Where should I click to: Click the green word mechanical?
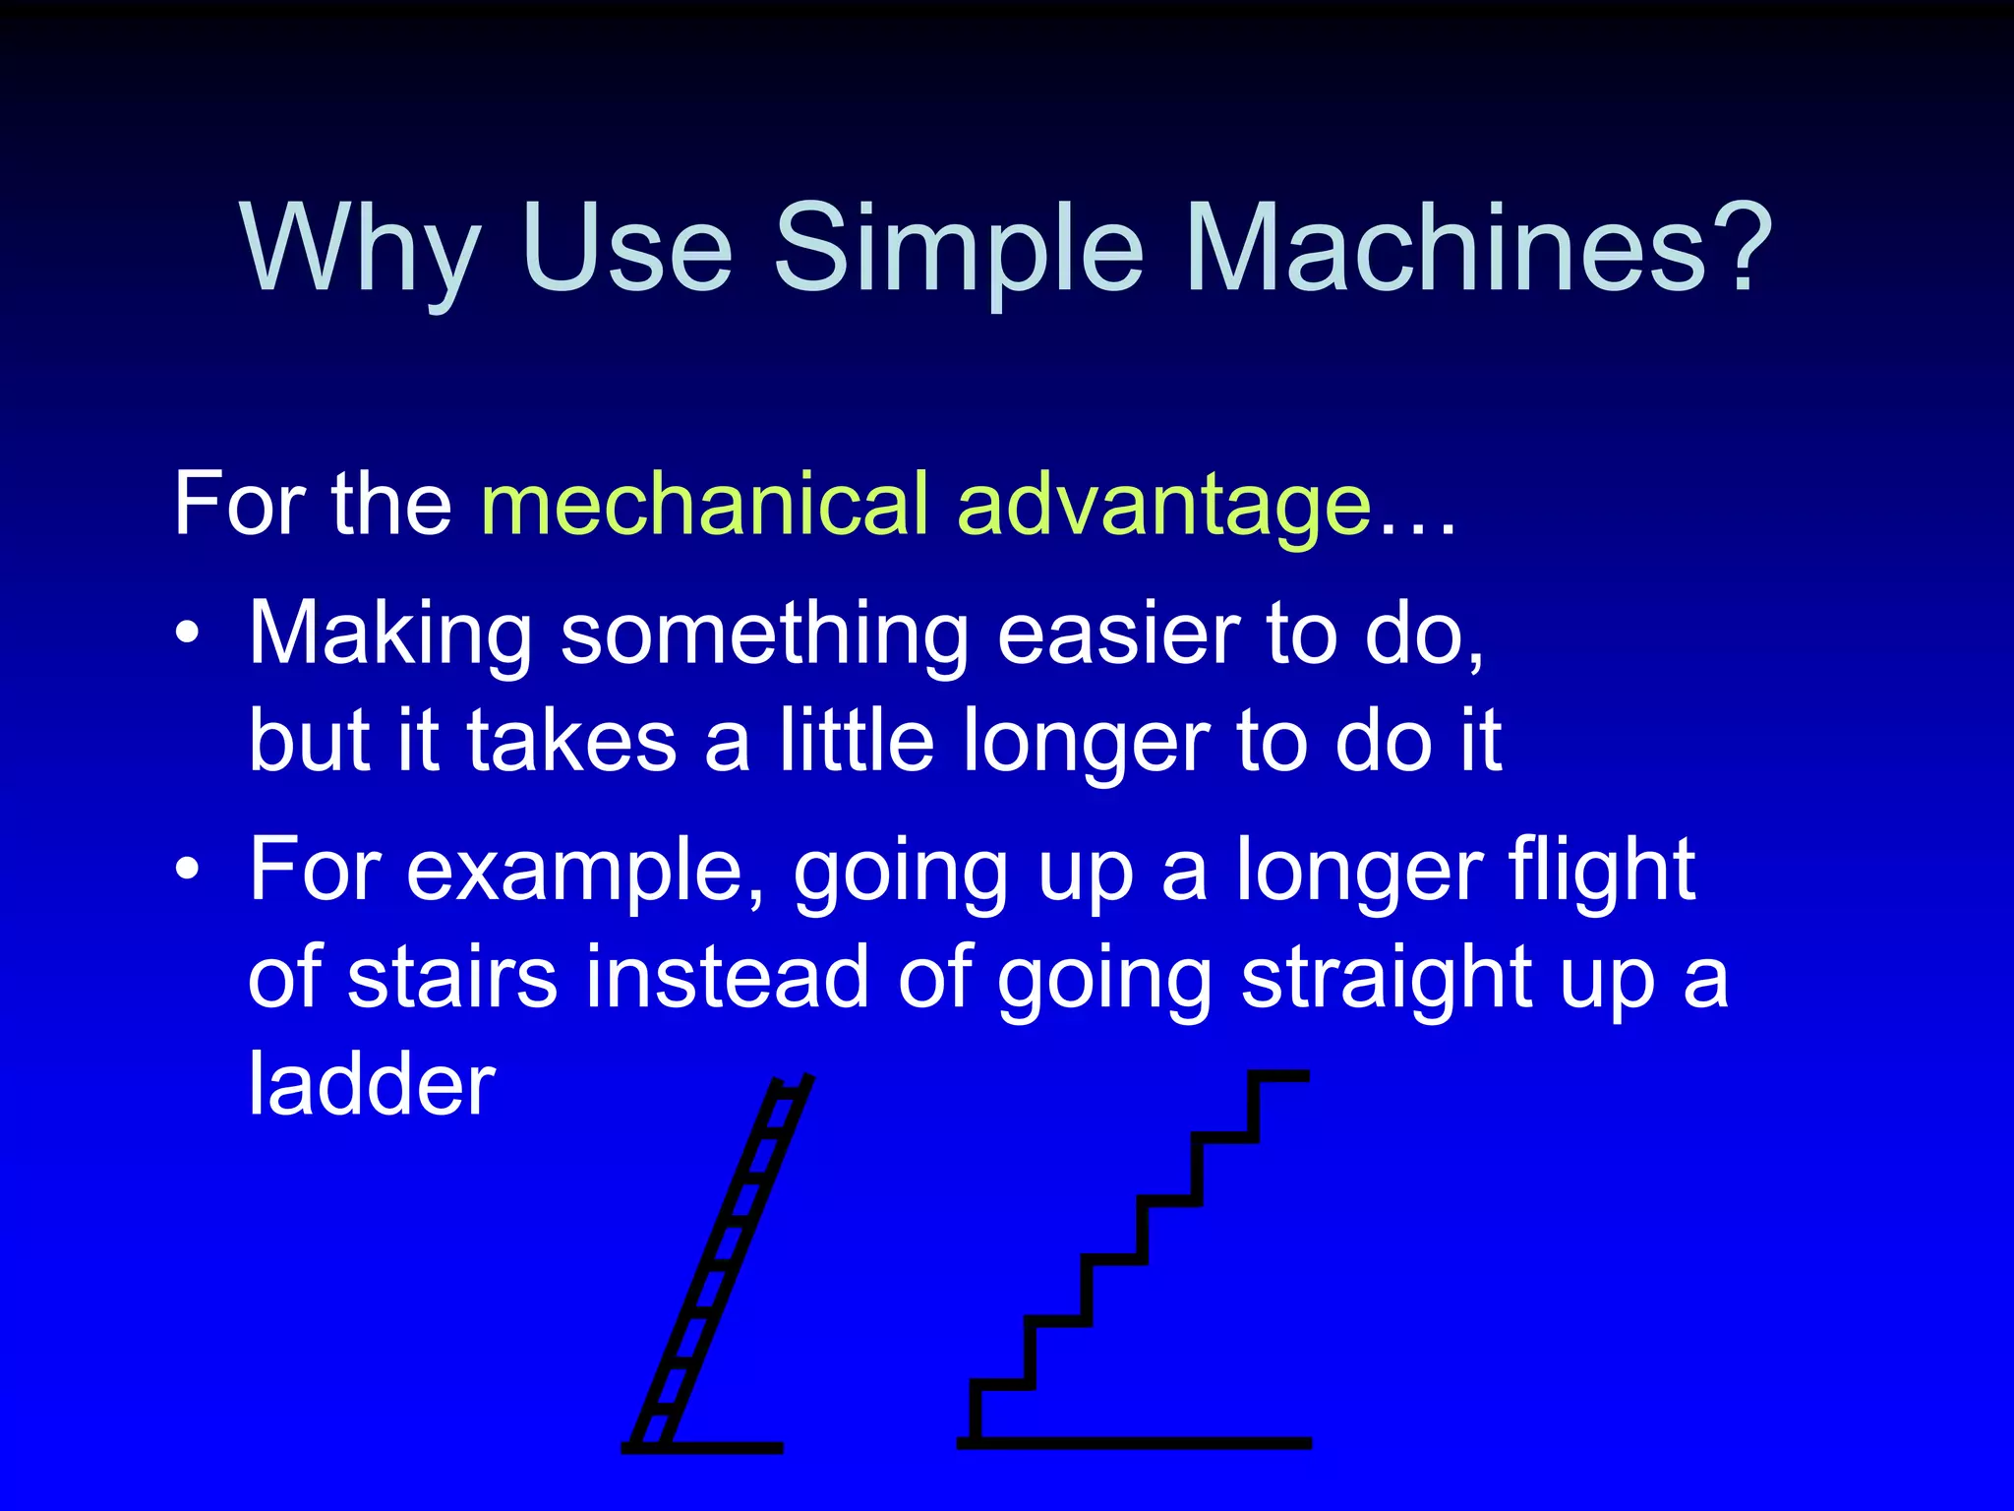tap(704, 505)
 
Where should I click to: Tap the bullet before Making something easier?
tap(187, 633)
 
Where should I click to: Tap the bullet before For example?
tap(187, 870)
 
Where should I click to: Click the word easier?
tap(1118, 635)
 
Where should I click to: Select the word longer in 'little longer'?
tap(1086, 743)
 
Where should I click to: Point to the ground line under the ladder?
tap(728, 1447)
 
